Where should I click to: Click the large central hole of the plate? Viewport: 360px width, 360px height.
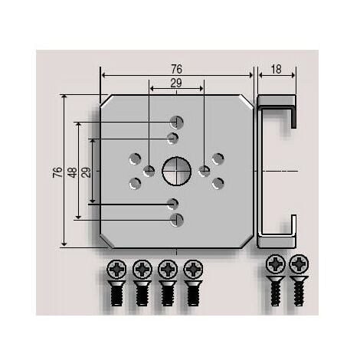point(176,169)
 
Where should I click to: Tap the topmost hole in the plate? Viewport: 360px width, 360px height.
point(177,122)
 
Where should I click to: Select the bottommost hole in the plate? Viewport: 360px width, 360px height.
point(177,220)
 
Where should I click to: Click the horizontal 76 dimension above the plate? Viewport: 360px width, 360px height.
point(176,69)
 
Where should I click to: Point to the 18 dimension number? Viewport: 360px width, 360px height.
point(277,69)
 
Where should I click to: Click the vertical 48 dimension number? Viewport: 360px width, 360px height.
point(72,172)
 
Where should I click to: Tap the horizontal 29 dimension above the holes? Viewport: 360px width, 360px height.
point(176,83)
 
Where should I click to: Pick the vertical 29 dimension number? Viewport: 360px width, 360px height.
point(86,172)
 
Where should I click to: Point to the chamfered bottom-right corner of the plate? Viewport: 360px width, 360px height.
point(247,241)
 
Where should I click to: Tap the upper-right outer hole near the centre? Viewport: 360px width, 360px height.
point(218,159)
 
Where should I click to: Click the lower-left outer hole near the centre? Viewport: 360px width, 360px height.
point(136,183)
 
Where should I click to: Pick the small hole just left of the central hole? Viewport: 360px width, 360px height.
point(149,171)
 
